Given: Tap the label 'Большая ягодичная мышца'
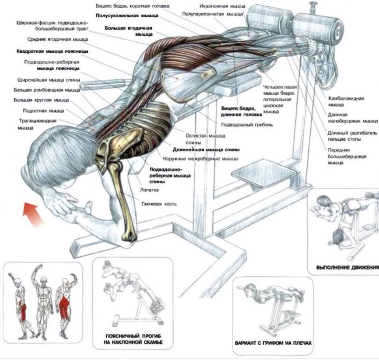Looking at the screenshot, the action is [x=129, y=31].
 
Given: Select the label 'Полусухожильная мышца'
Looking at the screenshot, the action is [x=127, y=15].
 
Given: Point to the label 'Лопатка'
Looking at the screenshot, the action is [x=149, y=190].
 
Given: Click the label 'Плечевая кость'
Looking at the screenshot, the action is [x=159, y=204].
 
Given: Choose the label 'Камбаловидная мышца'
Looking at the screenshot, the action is [x=346, y=102].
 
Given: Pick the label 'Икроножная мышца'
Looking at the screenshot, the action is [x=222, y=6].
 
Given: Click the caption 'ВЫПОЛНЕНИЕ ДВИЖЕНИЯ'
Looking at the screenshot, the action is [x=347, y=268].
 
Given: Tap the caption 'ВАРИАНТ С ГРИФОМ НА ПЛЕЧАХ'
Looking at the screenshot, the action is [x=273, y=343].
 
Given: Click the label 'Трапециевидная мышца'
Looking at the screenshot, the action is [x=37, y=124].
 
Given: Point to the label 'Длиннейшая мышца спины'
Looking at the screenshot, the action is [x=206, y=150].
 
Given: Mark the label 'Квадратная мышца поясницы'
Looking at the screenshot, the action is [x=52, y=51].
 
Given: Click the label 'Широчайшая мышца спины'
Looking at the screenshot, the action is [x=49, y=80].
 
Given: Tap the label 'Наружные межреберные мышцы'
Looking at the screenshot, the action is [x=201, y=159].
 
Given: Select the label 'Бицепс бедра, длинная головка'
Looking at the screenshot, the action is [x=242, y=111].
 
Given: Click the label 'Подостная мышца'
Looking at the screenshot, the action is [x=43, y=111].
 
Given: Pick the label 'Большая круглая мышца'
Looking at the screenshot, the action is [x=41, y=100].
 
